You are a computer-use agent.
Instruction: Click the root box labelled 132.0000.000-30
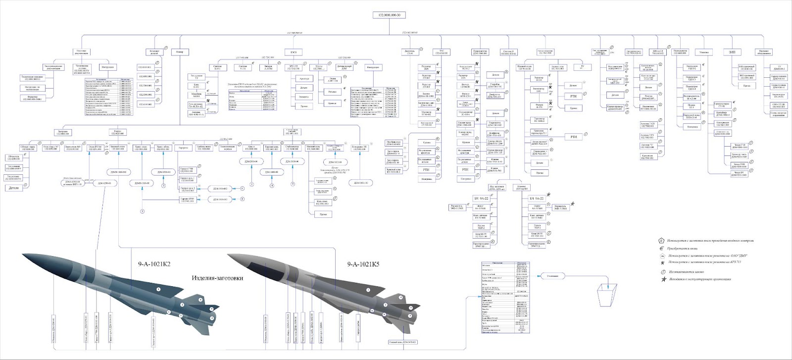390,15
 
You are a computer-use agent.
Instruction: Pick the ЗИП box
732,51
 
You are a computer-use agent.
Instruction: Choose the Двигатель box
409,51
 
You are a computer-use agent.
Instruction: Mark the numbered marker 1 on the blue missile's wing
158,288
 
